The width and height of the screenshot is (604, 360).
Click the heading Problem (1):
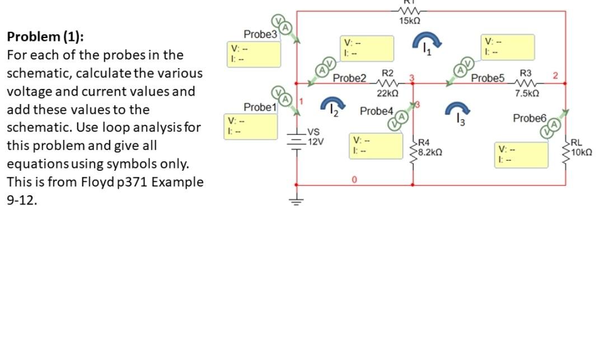(45, 37)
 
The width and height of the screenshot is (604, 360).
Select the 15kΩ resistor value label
(410, 21)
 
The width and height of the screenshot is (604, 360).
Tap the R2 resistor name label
(387, 73)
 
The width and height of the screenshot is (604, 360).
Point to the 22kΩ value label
(387, 93)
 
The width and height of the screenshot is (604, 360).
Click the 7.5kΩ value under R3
(527, 93)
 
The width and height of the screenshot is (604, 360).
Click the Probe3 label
(260, 34)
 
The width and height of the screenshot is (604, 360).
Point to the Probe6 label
(529, 118)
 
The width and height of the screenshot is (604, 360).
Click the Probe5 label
(488, 78)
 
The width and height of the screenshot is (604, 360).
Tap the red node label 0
(354, 180)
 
